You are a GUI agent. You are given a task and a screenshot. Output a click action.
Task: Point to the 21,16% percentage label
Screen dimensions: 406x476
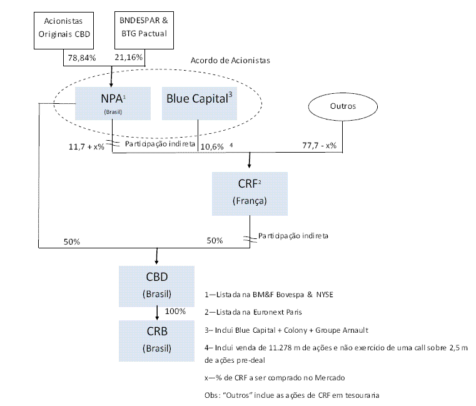pyautogui.click(x=129, y=58)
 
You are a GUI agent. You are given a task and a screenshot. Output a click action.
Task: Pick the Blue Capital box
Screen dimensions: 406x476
pyautogui.click(x=198, y=102)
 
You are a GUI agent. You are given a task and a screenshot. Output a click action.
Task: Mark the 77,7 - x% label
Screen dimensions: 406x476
pyautogui.click(x=319, y=145)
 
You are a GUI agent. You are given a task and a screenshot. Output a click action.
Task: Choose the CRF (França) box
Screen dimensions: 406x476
pyautogui.click(x=250, y=193)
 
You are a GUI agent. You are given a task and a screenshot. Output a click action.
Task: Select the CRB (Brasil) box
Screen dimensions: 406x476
pyautogui.click(x=156, y=338)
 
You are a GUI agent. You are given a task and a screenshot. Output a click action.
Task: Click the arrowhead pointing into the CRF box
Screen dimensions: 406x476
pyautogui.click(x=250, y=166)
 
